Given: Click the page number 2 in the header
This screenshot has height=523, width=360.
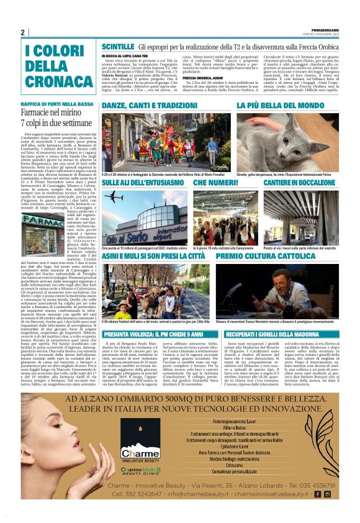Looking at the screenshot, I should click(23, 33).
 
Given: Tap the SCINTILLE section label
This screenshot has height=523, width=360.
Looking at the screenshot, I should click(117, 47).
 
